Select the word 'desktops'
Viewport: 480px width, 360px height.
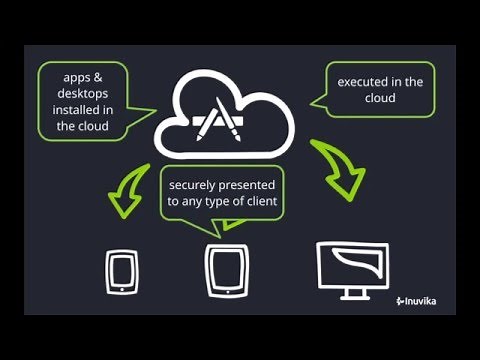(79, 93)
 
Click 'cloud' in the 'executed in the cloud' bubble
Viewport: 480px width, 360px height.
(379, 99)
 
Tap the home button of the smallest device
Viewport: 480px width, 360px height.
(121, 287)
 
